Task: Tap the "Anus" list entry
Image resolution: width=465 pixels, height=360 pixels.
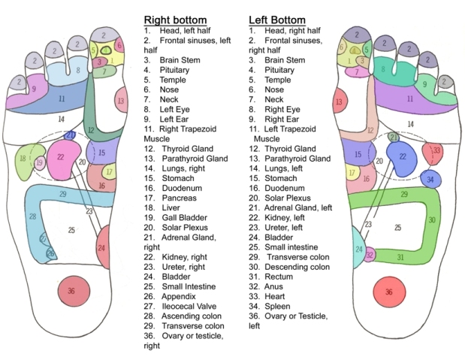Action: (274, 286)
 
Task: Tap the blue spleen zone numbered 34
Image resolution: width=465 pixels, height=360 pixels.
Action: (430, 180)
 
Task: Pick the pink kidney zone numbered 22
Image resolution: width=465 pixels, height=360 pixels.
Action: (62, 157)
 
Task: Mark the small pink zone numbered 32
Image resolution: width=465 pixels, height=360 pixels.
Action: (370, 255)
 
